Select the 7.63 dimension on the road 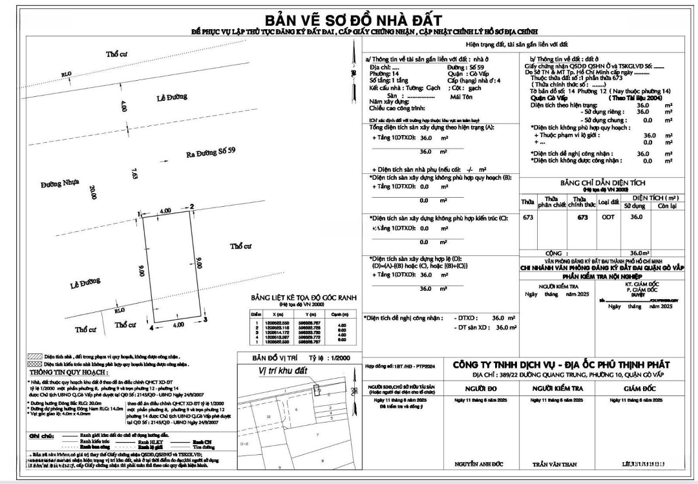tap(134, 173)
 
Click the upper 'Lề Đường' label tap(171, 97)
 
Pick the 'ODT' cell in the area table tap(608, 218)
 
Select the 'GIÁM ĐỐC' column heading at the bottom tap(641, 388)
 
